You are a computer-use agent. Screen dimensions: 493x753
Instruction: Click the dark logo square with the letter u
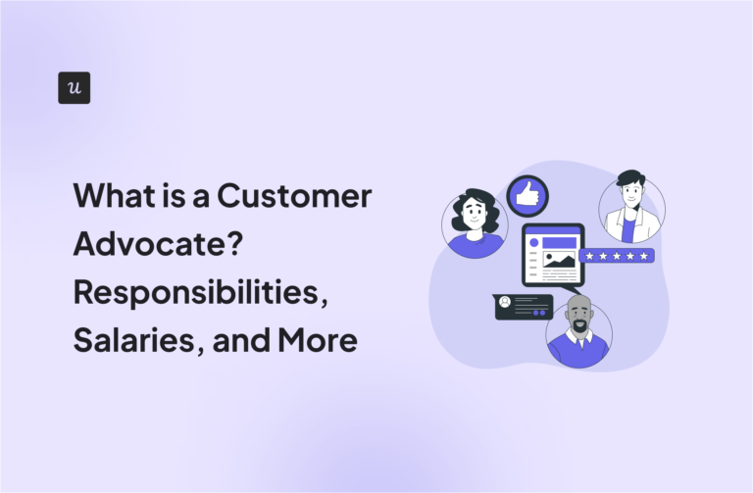point(75,88)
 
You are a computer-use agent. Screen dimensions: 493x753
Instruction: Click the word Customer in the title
point(294,196)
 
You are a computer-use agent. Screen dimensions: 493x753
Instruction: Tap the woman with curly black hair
point(475,222)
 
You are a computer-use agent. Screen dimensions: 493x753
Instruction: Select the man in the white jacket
point(631,209)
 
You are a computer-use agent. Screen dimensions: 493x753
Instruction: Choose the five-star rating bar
point(616,257)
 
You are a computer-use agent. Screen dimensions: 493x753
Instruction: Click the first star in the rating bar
point(589,257)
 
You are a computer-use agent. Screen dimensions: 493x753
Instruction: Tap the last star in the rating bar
point(643,257)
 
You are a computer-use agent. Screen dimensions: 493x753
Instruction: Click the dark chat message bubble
point(524,307)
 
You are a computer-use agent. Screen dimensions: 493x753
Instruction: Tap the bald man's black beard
point(579,324)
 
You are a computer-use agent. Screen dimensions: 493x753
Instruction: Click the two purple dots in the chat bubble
point(536,314)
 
